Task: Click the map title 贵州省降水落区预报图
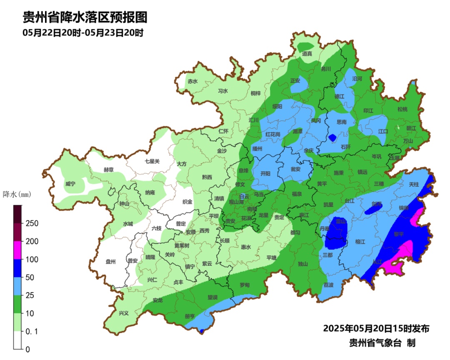(85, 17)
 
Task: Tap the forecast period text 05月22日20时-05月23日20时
(83, 33)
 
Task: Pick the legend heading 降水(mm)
(17, 194)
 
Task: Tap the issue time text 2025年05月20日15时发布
(376, 328)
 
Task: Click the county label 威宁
(70, 184)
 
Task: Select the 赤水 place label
(192, 82)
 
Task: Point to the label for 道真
(307, 54)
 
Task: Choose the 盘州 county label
(110, 262)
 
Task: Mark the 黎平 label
(399, 234)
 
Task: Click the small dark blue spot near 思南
(332, 137)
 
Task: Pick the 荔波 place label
(329, 285)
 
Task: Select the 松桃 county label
(402, 110)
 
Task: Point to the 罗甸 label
(245, 285)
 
